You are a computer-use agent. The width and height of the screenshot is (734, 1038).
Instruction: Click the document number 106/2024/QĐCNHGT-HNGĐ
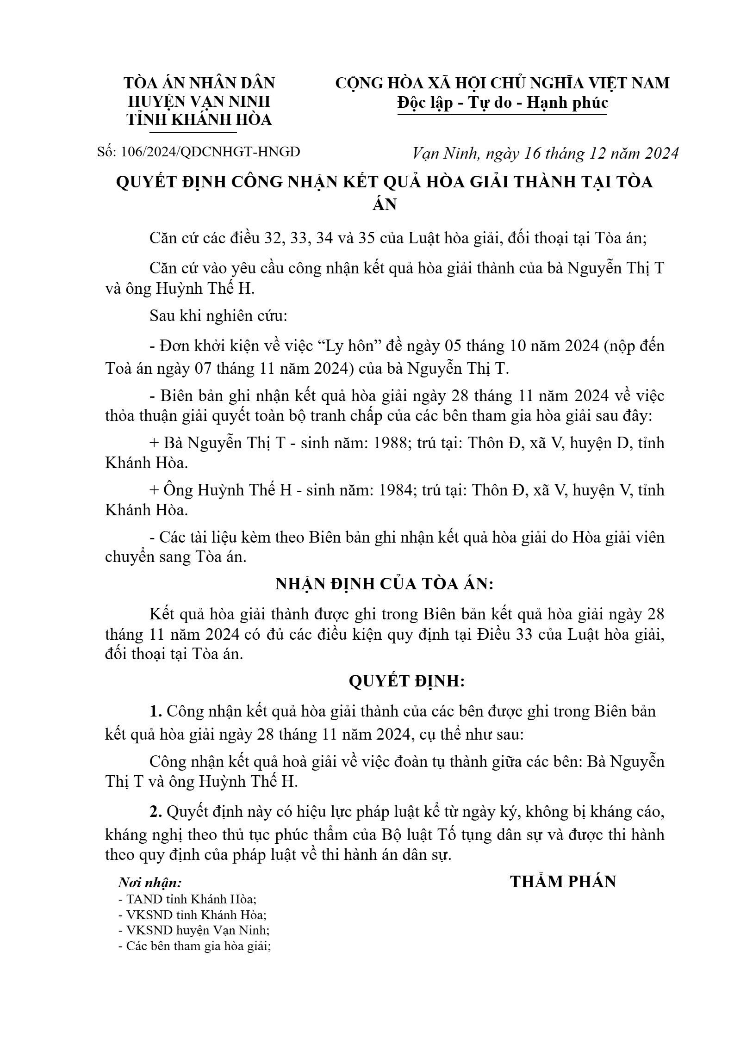coord(210,152)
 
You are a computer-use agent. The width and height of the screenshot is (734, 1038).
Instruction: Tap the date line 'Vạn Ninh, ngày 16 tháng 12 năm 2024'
coord(545,153)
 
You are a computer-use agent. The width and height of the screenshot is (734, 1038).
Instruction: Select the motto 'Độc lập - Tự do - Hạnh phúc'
coord(503,103)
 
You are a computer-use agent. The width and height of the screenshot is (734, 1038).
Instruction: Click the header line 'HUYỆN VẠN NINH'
coord(199,102)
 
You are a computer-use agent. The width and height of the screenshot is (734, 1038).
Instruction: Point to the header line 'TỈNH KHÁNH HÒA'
coord(199,120)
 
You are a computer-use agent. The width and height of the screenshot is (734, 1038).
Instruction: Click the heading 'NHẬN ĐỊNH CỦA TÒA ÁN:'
coord(384,584)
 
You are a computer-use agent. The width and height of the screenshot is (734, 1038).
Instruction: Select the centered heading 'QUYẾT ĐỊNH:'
coord(406,681)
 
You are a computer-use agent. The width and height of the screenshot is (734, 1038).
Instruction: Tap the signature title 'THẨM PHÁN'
coord(563,882)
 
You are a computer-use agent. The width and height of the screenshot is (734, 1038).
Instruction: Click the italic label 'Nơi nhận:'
coord(149,883)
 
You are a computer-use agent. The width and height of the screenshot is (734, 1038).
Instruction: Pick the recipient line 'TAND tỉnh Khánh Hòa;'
coord(187,899)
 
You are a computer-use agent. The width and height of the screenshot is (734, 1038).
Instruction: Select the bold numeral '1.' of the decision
coord(156,711)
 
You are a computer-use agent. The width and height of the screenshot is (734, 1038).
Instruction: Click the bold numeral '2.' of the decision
coord(156,812)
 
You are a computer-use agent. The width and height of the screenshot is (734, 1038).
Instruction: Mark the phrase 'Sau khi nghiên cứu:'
coord(218,317)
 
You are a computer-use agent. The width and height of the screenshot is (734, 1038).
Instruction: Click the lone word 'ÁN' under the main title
coord(384,204)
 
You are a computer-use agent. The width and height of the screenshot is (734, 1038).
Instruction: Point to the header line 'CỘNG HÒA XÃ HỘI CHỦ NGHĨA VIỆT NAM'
coord(502,83)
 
